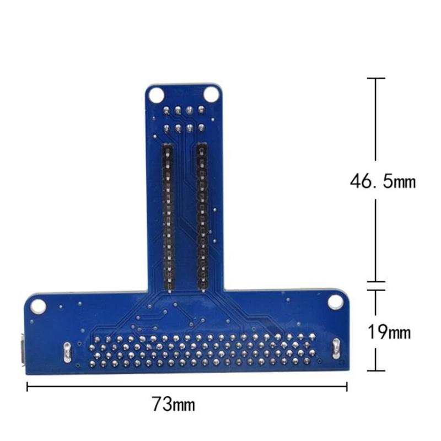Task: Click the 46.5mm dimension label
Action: (382, 181)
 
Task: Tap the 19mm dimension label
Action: (389, 332)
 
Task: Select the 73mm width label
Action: (174, 405)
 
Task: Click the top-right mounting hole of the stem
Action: (210, 94)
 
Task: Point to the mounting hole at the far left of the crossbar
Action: (38, 305)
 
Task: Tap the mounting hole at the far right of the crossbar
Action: (335, 302)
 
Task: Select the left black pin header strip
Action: (166, 216)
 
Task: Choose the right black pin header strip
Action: (202, 216)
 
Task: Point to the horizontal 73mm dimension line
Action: (187, 386)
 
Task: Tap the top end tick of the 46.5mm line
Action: (376, 79)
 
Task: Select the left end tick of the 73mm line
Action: (27, 386)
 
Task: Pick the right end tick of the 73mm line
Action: (347, 386)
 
